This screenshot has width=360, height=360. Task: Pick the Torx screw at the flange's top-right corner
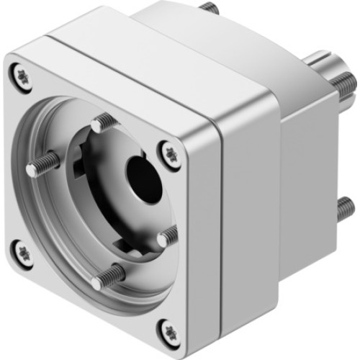pyautogui.click(x=172, y=153)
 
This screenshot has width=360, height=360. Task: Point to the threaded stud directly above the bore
pyautogui.click(x=100, y=123)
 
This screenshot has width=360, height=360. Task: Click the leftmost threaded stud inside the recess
pyautogui.click(x=42, y=165)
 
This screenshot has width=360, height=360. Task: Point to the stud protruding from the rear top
pyautogui.click(x=210, y=8)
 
